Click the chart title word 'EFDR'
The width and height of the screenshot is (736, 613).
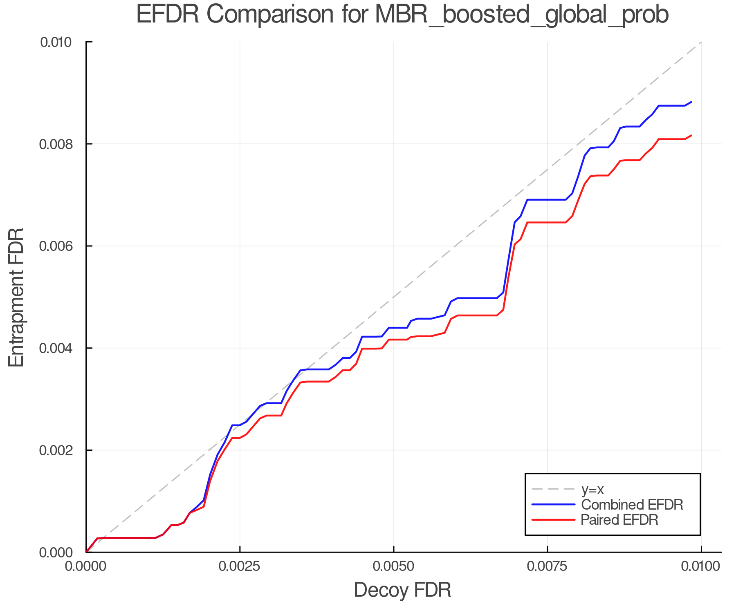pyautogui.click(x=168, y=15)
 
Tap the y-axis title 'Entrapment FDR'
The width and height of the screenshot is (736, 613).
pyautogui.click(x=17, y=297)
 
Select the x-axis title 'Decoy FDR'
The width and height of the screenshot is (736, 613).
pyautogui.click(x=402, y=590)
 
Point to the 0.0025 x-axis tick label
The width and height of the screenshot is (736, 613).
pyautogui.click(x=240, y=566)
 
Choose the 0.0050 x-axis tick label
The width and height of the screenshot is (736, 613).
pyautogui.click(x=393, y=566)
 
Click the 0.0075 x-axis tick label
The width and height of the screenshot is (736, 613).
pyautogui.click(x=547, y=566)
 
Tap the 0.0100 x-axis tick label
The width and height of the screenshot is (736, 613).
pyautogui.click(x=701, y=566)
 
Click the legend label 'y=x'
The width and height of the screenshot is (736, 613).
pyautogui.click(x=592, y=489)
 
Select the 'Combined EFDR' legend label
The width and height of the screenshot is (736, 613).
pyautogui.click(x=632, y=505)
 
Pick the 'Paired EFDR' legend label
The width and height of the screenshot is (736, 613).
pyautogui.click(x=619, y=520)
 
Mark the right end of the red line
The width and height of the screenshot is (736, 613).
pyautogui.click(x=691, y=135)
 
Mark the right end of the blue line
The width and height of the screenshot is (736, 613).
pyautogui.click(x=691, y=102)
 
